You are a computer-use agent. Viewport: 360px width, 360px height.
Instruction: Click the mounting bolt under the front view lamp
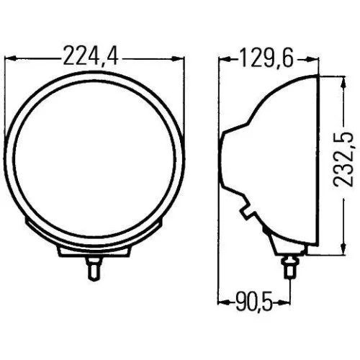[94, 269]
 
